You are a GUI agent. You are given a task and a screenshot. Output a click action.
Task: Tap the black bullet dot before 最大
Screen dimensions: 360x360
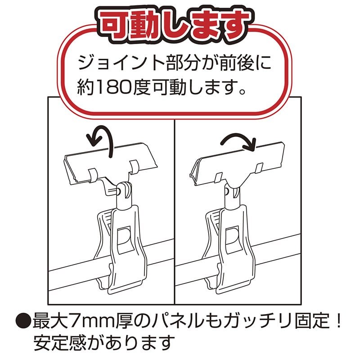[x=21, y=321]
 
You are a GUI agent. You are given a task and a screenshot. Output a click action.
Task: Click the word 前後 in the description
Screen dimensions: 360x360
[x=241, y=63]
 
